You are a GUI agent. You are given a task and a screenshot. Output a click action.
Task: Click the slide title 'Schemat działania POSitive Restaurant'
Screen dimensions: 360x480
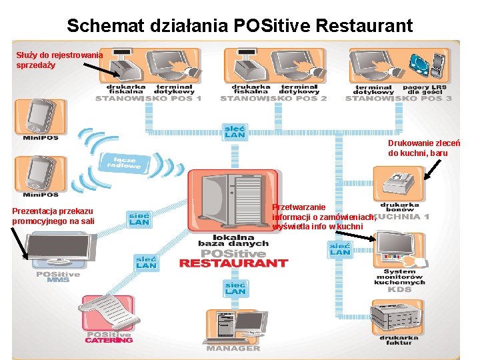pos(240,26)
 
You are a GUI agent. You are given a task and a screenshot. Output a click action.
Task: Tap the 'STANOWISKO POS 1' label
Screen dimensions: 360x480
pos(148,99)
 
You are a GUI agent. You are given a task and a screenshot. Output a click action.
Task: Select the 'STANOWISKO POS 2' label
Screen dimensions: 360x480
pos(273,99)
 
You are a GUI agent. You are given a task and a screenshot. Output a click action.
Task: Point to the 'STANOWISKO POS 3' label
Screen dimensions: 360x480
pos(399,99)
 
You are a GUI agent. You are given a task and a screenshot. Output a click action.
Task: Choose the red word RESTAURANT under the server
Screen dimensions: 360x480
pos(233,263)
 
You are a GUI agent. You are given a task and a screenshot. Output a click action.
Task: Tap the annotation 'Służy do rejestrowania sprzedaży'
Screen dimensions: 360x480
pos(59,60)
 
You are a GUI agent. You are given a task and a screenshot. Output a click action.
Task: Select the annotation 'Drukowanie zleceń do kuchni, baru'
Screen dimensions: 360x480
pos(423,148)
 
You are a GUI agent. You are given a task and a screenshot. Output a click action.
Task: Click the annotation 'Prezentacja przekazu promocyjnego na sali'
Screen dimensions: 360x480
pos(53,216)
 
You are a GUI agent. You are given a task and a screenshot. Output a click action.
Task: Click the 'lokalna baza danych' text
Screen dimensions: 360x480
pos(233,240)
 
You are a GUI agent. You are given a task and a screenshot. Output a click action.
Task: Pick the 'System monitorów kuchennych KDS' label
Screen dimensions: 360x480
pos(399,281)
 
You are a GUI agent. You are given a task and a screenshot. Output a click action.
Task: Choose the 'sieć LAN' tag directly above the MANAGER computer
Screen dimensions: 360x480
pos(235,288)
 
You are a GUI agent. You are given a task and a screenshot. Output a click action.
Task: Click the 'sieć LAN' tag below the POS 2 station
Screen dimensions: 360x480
pos(235,131)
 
